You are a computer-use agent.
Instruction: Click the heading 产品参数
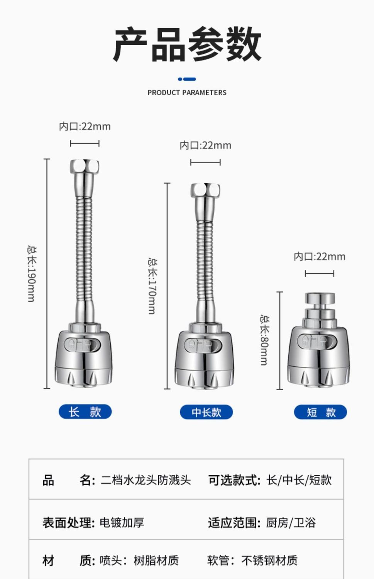click(187, 44)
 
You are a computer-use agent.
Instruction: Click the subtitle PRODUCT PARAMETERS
click(187, 93)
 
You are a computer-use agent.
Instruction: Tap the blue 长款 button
click(85, 411)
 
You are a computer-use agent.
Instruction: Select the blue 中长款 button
click(206, 412)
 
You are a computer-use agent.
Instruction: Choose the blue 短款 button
click(320, 412)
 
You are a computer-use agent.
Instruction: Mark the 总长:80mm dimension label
click(265, 340)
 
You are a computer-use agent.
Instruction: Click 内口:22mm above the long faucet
click(85, 126)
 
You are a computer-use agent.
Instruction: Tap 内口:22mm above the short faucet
click(320, 256)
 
